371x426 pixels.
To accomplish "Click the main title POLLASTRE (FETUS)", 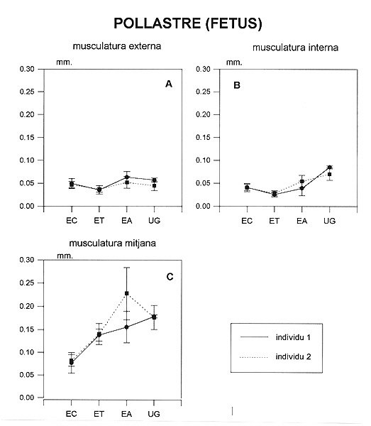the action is [x=188, y=23].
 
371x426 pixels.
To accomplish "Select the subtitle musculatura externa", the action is [x=117, y=46].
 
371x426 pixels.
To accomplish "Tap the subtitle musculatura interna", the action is [x=295, y=48].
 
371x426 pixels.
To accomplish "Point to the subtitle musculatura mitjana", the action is [x=113, y=243].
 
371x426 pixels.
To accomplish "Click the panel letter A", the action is [x=169, y=84].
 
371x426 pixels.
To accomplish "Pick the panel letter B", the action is [x=237, y=85].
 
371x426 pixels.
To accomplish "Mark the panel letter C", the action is [x=170, y=277].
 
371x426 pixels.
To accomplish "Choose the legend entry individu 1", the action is [x=293, y=337].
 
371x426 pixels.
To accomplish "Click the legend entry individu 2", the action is [x=294, y=356].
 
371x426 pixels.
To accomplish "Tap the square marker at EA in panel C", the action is [x=127, y=293].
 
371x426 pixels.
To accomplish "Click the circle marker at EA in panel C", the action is [x=126, y=327].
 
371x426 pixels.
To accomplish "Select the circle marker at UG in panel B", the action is [x=329, y=167].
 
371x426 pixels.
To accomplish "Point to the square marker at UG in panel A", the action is [x=154, y=186].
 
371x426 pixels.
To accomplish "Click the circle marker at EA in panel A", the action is [x=126, y=177].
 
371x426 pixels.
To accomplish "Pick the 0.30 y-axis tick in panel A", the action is [x=27, y=69].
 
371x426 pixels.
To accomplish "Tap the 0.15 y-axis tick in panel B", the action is [x=204, y=138].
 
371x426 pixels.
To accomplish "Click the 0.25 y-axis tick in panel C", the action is [x=27, y=283].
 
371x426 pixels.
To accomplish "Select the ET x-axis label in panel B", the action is [x=274, y=221].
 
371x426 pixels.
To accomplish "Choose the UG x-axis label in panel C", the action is [x=154, y=414].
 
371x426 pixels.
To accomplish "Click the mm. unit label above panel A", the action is [x=65, y=62].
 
